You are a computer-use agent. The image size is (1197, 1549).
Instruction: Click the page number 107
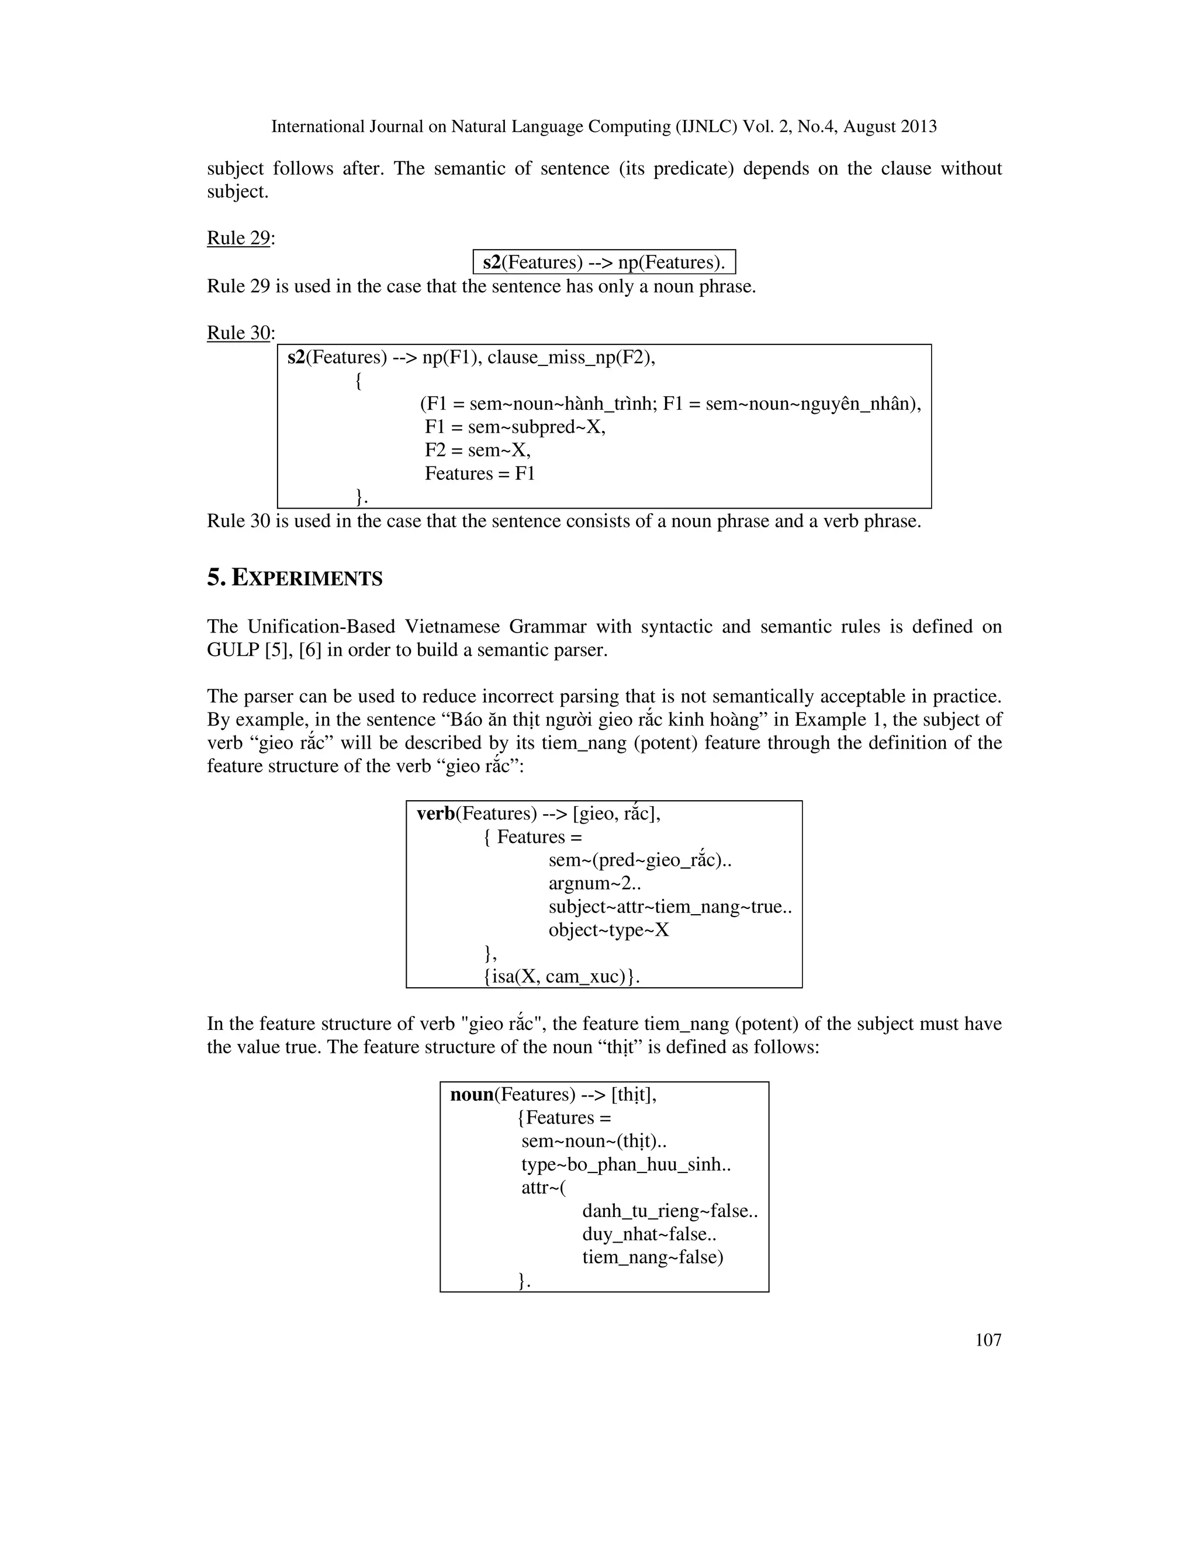988,1340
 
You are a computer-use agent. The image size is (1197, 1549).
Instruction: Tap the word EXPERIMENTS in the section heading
307,579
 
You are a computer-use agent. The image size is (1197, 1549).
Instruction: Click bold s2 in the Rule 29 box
492,262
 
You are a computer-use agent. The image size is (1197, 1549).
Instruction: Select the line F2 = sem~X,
478,450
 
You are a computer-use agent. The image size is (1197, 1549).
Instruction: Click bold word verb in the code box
435,814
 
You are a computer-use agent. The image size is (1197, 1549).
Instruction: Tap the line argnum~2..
594,884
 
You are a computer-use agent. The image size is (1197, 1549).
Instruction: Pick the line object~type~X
608,930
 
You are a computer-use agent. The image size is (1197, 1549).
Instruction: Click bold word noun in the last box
472,1094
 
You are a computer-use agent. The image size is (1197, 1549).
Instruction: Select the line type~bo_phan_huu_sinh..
625,1164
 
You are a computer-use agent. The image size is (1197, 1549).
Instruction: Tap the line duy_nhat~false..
649,1234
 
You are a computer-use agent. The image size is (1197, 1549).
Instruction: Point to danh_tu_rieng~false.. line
669,1211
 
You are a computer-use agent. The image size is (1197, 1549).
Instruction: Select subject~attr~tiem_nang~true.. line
669,907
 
